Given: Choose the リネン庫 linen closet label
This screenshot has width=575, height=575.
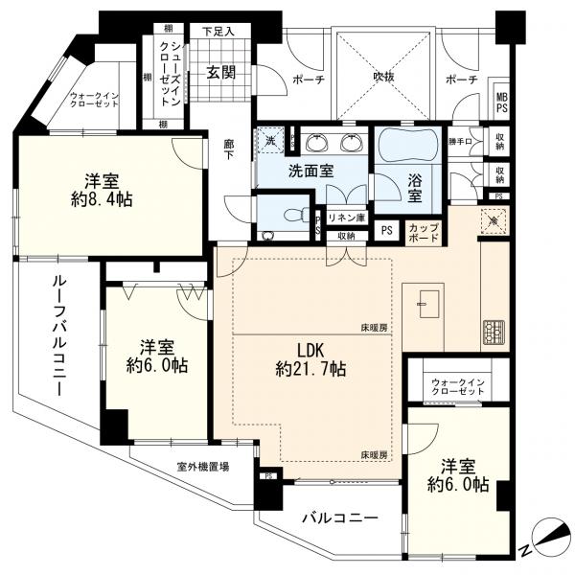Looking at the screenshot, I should pyautogui.click(x=346, y=218).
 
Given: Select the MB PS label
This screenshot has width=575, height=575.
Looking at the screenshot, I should pyautogui.click(x=500, y=101).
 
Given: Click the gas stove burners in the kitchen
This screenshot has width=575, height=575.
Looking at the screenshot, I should pyautogui.click(x=495, y=333).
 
